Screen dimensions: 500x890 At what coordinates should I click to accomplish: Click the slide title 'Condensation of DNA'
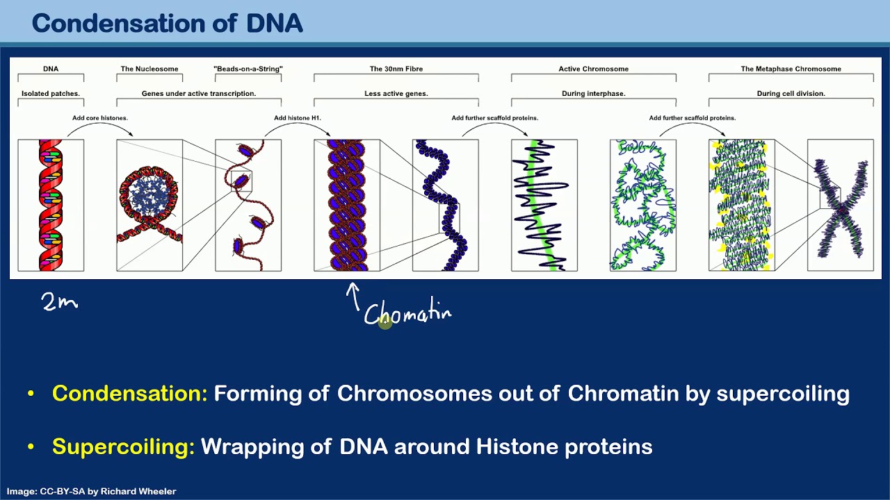click(x=167, y=24)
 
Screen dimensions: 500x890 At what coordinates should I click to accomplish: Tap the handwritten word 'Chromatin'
click(x=407, y=315)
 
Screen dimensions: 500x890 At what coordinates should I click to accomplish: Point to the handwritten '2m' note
click(x=59, y=301)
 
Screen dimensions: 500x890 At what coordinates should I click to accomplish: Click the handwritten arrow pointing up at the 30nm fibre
click(x=354, y=296)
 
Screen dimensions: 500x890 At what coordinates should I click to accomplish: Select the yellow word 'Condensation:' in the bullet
click(x=130, y=393)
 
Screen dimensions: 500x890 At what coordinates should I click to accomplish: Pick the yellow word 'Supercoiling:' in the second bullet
click(x=123, y=447)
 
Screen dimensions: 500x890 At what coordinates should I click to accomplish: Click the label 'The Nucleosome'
click(x=149, y=69)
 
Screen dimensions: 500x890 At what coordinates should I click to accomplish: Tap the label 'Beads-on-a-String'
click(x=248, y=69)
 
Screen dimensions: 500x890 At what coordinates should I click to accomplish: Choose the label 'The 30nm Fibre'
click(x=396, y=69)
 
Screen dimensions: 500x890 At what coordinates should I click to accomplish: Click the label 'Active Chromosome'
click(x=593, y=69)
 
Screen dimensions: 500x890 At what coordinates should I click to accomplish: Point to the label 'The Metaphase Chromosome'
click(x=791, y=69)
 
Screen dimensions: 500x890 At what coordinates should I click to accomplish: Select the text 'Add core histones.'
click(x=100, y=118)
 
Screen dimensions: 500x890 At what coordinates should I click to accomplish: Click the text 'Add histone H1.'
click(x=298, y=118)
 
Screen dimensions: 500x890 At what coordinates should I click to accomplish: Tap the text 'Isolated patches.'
click(x=51, y=93)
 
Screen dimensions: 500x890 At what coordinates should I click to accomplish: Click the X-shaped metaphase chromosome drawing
click(x=841, y=206)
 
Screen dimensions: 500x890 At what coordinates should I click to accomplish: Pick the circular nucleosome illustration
click(x=148, y=194)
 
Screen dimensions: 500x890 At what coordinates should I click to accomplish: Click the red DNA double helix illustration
click(x=51, y=205)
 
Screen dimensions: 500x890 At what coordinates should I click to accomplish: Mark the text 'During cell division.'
click(x=791, y=93)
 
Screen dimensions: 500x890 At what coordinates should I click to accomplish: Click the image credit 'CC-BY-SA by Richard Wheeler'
click(x=91, y=491)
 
